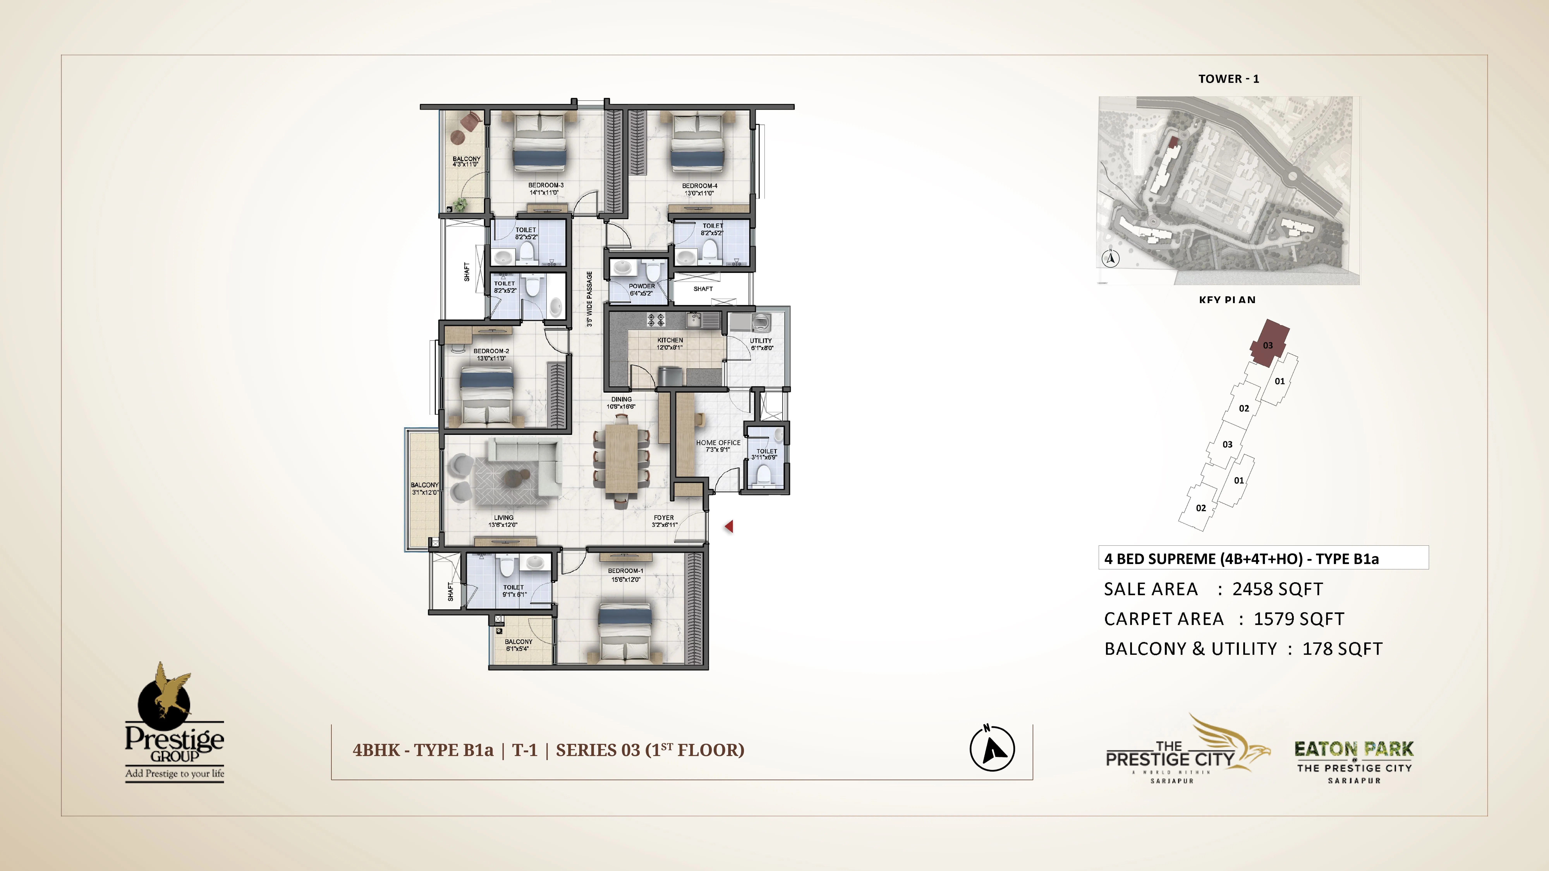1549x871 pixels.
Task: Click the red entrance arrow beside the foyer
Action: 729,526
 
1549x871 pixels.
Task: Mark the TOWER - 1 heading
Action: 1229,79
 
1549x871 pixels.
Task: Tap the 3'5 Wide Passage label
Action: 589,299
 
